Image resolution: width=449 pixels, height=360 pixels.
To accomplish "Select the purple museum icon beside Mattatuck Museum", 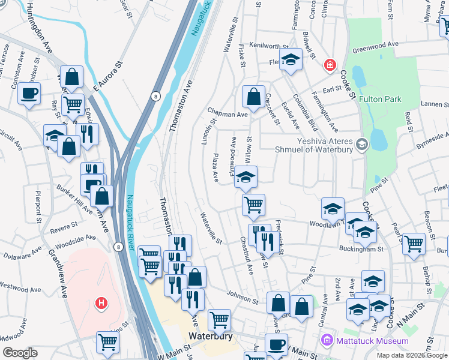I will point(327,341).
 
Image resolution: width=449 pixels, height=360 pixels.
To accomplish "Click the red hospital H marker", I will point(101,302).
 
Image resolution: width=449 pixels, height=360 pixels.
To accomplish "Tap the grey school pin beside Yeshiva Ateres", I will point(361,144).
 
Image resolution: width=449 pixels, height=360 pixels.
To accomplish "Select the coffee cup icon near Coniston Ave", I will point(29,94).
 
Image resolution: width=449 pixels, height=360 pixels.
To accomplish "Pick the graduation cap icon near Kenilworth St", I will point(291,59).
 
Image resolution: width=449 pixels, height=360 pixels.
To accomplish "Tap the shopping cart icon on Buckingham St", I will point(414,244).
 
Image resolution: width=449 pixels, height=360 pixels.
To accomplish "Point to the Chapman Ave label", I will point(228,113).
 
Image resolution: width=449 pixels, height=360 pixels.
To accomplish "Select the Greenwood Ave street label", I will point(376,46).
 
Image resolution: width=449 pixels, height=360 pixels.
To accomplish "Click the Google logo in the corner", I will point(20,352).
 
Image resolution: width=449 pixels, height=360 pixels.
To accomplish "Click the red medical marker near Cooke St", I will point(329,65).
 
